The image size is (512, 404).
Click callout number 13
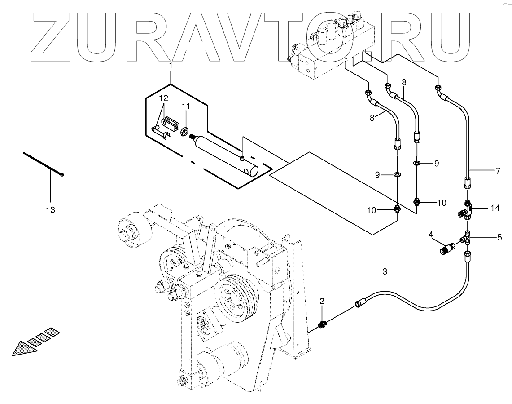click(x=50, y=210)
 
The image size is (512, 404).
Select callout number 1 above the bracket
click(x=171, y=66)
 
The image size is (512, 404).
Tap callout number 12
click(x=162, y=98)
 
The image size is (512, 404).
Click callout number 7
click(x=498, y=171)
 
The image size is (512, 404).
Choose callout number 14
click(x=495, y=208)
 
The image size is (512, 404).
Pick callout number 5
click(x=499, y=237)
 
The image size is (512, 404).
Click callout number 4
click(x=430, y=234)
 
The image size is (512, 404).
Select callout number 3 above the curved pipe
click(x=385, y=271)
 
